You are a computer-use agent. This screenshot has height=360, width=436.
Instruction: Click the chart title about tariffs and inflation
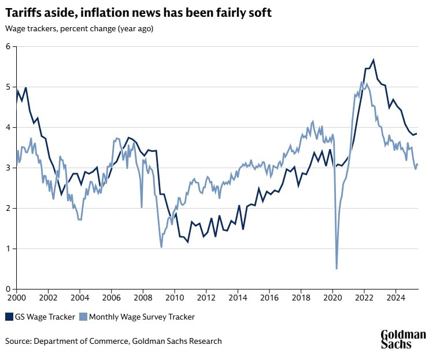click(x=139, y=12)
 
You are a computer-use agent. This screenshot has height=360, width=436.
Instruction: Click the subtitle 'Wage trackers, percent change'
click(x=79, y=28)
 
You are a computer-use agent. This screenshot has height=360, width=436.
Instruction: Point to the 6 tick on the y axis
click(x=9, y=46)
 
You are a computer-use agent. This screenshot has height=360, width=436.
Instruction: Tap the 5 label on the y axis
click(x=9, y=87)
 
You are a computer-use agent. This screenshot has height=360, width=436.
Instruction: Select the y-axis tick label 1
click(x=9, y=248)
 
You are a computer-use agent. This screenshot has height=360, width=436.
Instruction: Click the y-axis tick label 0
click(x=9, y=289)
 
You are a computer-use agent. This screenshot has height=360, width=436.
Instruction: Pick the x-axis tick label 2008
click(x=142, y=299)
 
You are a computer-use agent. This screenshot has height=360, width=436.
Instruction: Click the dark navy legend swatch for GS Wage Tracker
click(x=10, y=317)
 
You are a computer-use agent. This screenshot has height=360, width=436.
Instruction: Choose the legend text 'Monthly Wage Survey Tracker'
click(x=142, y=317)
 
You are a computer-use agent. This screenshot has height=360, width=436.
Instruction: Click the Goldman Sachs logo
click(x=403, y=339)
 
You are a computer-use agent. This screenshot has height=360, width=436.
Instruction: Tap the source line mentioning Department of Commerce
click(x=113, y=341)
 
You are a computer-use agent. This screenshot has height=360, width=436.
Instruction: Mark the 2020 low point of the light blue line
click(x=337, y=268)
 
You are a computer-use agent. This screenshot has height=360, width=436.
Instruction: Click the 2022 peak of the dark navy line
click(x=374, y=60)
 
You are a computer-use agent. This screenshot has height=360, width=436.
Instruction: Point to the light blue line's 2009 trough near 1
click(x=161, y=247)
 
